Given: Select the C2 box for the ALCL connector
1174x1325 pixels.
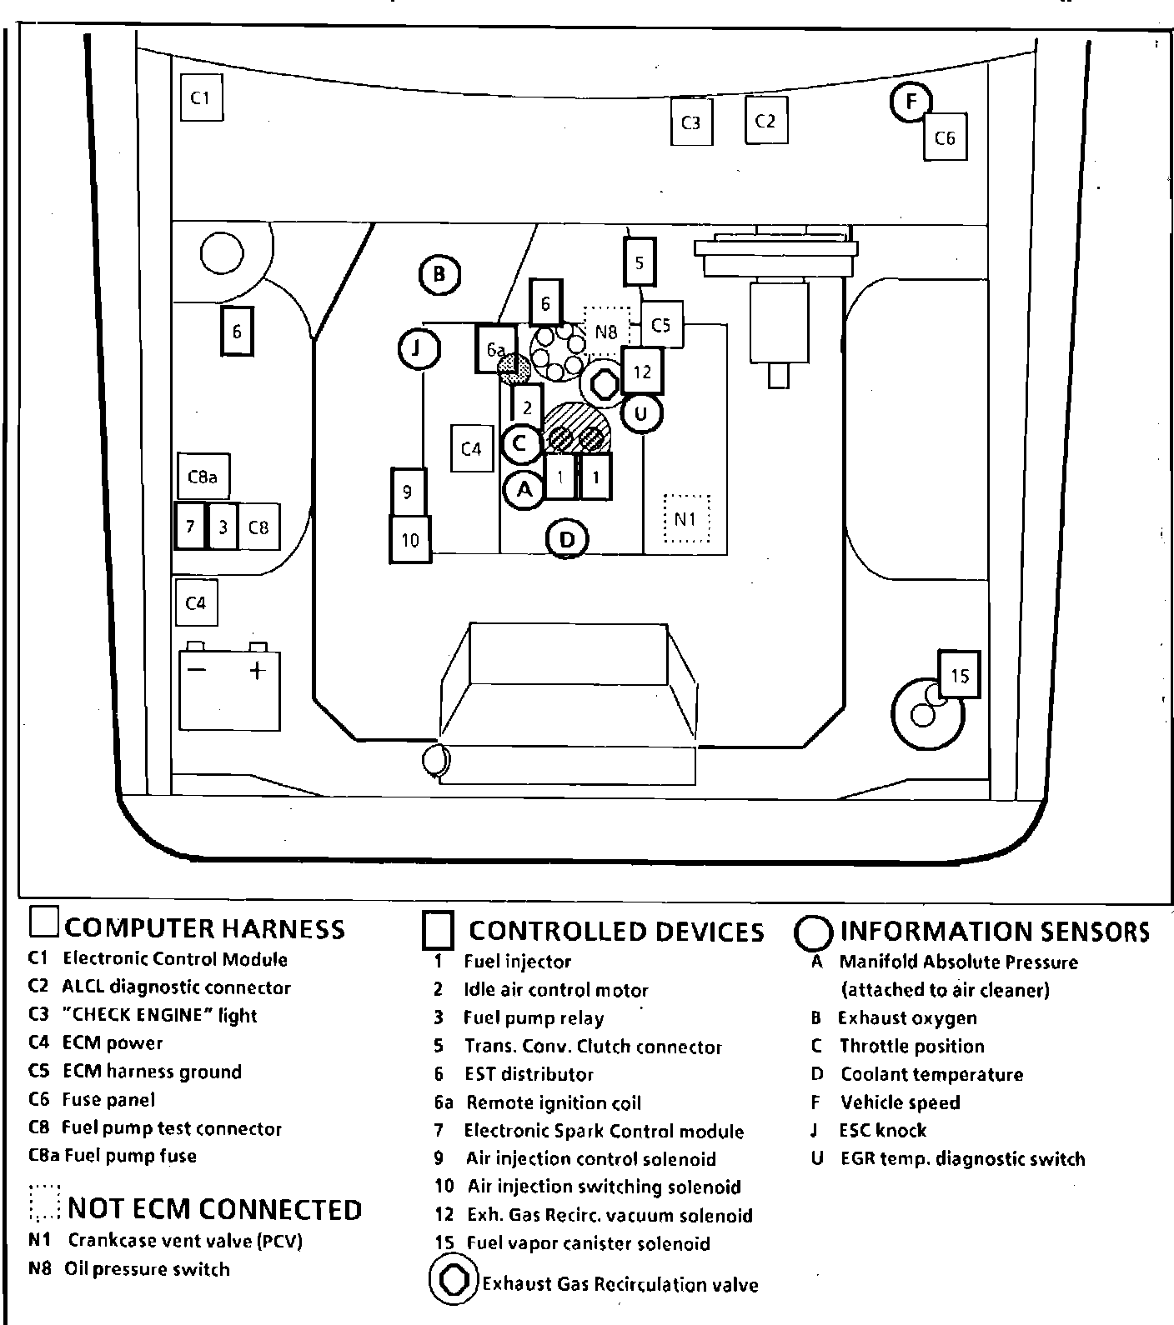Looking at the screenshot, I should [x=765, y=122].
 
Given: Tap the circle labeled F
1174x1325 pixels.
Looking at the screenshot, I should [x=911, y=102].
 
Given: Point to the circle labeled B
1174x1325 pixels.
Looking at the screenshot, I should [x=439, y=273].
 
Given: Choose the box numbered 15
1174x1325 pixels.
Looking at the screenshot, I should [x=959, y=674].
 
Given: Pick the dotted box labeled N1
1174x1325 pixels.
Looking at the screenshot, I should [x=686, y=519].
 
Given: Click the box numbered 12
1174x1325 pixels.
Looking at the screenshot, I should [x=641, y=371].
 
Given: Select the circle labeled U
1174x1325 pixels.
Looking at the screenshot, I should [x=641, y=413].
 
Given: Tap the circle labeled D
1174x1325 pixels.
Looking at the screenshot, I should [x=567, y=539].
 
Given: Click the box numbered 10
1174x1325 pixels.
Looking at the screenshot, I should [x=410, y=540].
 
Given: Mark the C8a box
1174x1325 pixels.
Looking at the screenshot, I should [x=203, y=477].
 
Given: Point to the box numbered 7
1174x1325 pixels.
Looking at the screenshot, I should [x=190, y=527].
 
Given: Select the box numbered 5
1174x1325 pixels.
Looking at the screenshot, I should [x=640, y=262].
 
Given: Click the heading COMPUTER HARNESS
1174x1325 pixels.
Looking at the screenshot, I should [x=204, y=928].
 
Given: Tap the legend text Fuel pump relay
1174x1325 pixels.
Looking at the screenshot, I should [x=534, y=1018].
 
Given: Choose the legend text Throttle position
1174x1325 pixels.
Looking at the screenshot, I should [x=911, y=1046].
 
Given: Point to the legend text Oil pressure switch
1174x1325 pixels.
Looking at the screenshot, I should [x=147, y=1269].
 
